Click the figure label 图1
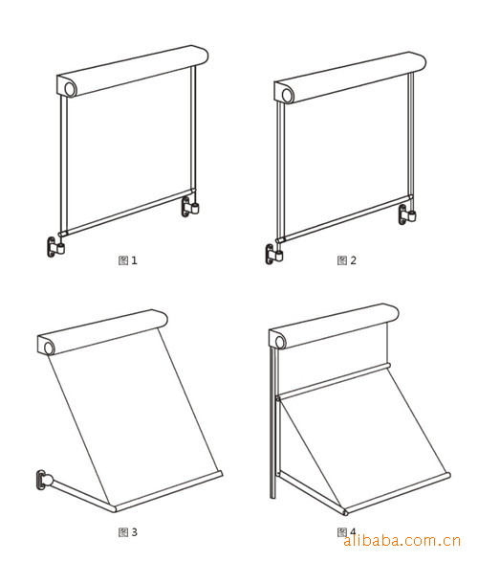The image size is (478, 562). tap(128, 260)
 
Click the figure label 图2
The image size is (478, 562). tap(347, 260)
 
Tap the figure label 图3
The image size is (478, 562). tap(128, 532)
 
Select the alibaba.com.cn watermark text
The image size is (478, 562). tap(402, 541)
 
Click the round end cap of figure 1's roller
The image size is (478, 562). tap(70, 89)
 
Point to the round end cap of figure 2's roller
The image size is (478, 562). tap(287, 95)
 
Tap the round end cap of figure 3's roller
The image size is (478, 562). tap(49, 348)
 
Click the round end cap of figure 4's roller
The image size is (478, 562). tap(280, 343)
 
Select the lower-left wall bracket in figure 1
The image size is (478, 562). tap(55, 247)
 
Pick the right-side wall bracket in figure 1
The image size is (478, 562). tap(190, 207)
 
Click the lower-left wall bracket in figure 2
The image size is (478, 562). tap(274, 255)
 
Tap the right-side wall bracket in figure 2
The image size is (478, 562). tap(407, 214)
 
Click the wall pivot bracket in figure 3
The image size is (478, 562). tap(44, 480)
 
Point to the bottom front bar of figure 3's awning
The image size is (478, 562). tap(166, 491)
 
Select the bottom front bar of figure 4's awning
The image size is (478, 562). tap(396, 493)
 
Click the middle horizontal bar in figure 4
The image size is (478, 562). tap(333, 382)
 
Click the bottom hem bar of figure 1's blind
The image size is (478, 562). tap(127, 213)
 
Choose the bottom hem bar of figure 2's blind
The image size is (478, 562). tap(345, 219)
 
